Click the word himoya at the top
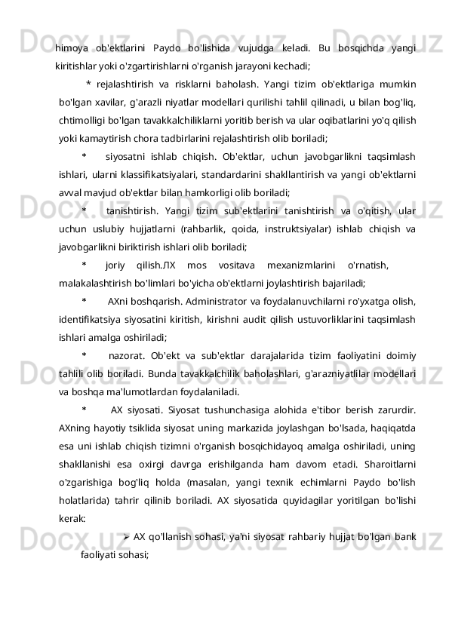(72, 49)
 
